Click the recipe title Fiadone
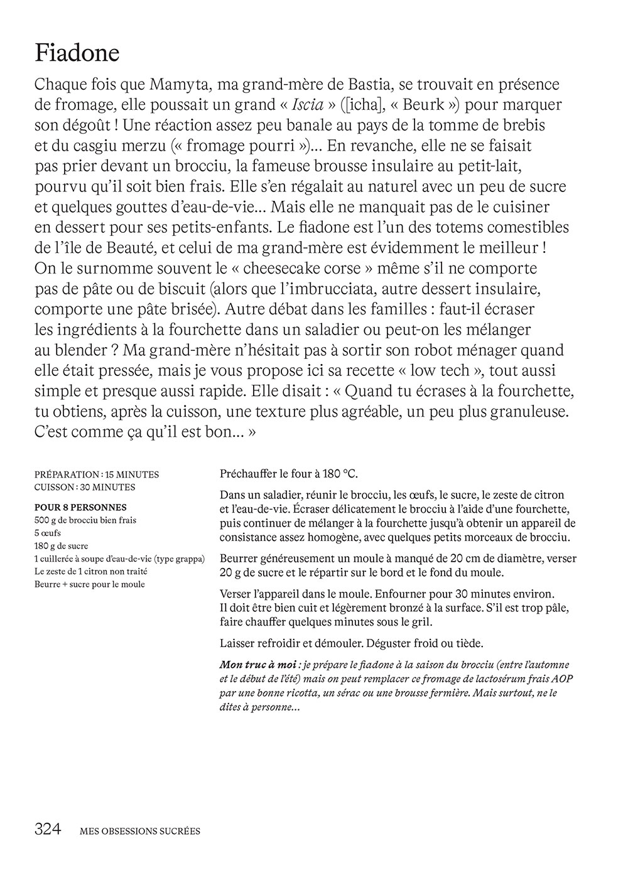[x=77, y=53]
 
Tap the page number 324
[x=48, y=830]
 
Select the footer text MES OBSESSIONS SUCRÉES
[x=140, y=832]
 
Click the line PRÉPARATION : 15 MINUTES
[x=97, y=474]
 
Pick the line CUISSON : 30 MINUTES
[x=85, y=487]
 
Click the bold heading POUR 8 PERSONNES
[x=80, y=507]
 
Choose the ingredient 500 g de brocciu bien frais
[x=85, y=520]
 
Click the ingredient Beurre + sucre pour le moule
[x=89, y=584]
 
